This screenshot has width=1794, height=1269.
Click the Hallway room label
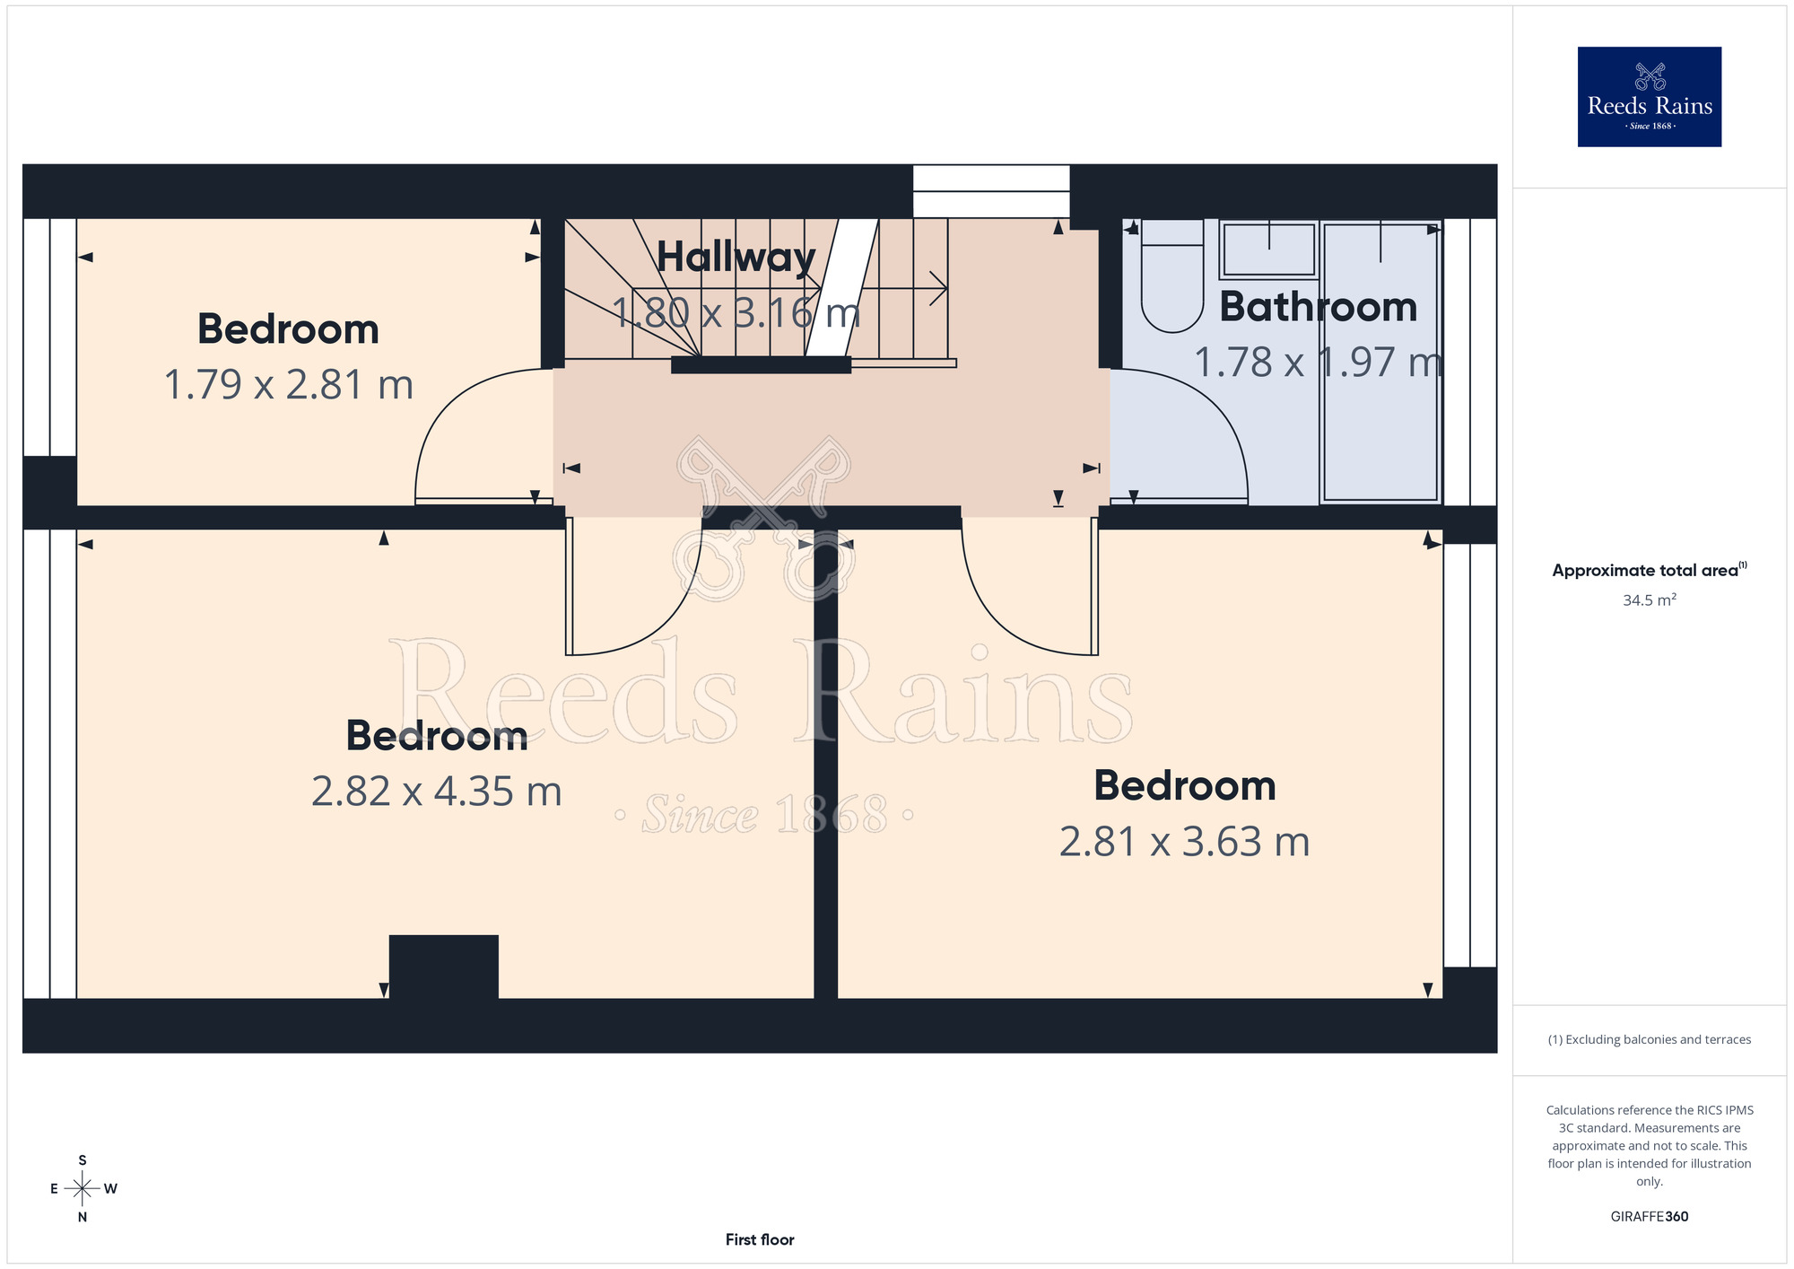[736, 258]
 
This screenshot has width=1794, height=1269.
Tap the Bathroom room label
[1319, 307]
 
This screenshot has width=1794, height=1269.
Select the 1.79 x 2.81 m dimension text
[288, 384]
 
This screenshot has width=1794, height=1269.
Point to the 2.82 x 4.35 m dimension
[437, 792]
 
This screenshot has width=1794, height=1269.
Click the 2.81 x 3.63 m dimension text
[1184, 842]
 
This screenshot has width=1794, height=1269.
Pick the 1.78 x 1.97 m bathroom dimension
[1319, 363]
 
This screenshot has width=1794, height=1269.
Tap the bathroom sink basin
[1268, 249]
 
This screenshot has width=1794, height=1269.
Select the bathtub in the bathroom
[1380, 362]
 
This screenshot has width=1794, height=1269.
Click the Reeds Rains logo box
[1650, 97]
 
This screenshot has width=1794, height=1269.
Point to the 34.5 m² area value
[1650, 599]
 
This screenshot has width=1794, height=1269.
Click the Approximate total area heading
[1650, 570]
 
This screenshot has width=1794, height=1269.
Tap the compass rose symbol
[83, 1189]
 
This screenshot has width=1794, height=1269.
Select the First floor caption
[760, 1239]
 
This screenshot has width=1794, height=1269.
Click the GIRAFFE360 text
[1650, 1217]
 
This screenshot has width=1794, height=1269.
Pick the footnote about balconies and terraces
[1650, 1039]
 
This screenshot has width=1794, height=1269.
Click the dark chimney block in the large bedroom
[444, 967]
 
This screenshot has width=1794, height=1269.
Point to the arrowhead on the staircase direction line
[939, 289]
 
